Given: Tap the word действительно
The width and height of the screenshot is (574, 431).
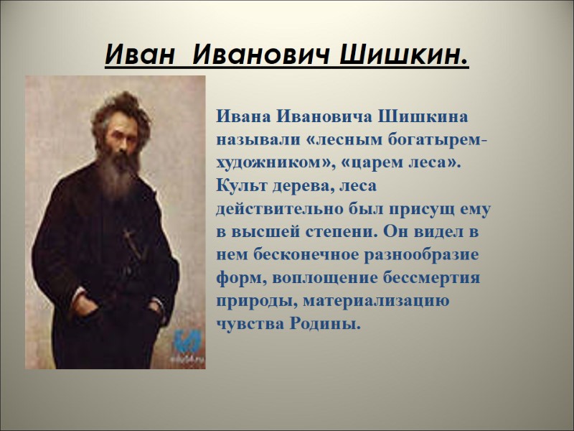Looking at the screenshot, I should click(273, 208).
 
